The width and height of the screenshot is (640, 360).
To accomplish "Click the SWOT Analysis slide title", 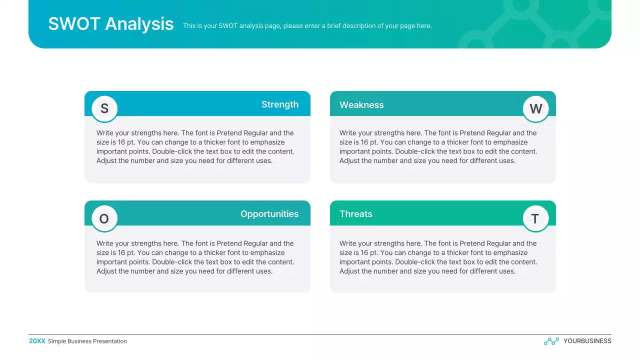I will click(x=111, y=24).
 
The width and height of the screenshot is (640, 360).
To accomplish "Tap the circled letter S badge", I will click(x=104, y=108).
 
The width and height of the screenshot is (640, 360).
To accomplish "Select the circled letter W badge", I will click(x=535, y=108).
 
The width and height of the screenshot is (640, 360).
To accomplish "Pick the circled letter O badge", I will click(x=104, y=218).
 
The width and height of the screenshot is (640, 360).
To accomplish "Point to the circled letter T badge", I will click(x=535, y=218).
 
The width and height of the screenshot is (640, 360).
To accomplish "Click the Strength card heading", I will click(x=279, y=104).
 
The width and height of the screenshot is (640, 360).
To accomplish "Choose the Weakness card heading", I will click(x=361, y=105).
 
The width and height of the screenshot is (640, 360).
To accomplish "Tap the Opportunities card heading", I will click(x=269, y=214).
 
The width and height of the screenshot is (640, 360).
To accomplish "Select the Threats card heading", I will click(x=356, y=214).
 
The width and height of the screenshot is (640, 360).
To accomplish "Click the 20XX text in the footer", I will click(x=37, y=341).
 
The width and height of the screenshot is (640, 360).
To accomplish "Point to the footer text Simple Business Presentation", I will click(x=87, y=341).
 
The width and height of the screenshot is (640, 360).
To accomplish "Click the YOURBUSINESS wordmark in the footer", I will click(x=587, y=341).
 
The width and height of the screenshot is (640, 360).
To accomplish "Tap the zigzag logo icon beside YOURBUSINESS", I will click(x=551, y=341).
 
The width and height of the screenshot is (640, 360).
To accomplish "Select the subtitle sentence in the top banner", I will click(x=307, y=26).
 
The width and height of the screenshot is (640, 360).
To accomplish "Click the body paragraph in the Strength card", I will click(x=195, y=147).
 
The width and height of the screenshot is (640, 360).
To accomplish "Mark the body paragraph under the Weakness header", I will click(x=438, y=147).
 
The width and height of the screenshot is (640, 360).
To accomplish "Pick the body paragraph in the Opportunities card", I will click(x=195, y=257).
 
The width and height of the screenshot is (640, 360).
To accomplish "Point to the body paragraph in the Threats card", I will click(x=438, y=257).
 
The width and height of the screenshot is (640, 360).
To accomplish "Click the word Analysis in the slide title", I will click(x=139, y=24).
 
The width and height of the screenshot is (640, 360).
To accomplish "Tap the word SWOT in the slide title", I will click(x=74, y=24).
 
